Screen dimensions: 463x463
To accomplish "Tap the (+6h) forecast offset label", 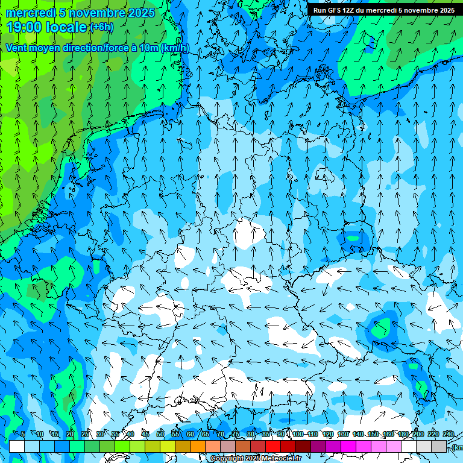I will (x=101, y=27).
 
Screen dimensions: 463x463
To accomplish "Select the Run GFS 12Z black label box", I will (x=384, y=10).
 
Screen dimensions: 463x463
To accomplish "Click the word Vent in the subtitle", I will (x=17, y=48).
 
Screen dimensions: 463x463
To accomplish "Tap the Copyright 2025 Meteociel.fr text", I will (x=256, y=459).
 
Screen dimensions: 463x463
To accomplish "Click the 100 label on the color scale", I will (x=298, y=434).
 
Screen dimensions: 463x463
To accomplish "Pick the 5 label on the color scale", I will (x=23, y=434).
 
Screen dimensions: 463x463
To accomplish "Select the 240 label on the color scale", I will (x=449, y=434).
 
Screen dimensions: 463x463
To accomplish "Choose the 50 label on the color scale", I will (x=160, y=434).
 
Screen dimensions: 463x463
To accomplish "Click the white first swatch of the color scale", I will (x=17, y=446).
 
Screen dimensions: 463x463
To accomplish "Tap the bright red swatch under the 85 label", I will (x=273, y=446).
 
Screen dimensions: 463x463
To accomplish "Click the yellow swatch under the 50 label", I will (x=168, y=446).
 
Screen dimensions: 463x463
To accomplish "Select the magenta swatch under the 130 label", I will (x=348, y=446).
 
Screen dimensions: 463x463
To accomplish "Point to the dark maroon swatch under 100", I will (x=303, y=446).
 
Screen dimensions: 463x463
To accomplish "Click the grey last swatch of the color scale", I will (x=439, y=446).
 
